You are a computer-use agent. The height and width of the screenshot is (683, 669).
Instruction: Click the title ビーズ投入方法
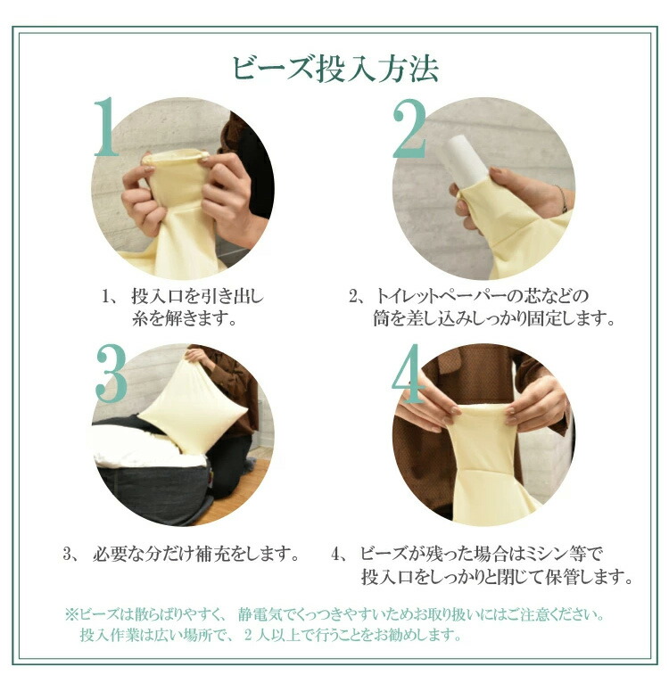coord(335,69)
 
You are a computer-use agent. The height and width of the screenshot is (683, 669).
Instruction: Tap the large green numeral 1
coord(106,128)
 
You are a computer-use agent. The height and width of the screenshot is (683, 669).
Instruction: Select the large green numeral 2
coord(409,128)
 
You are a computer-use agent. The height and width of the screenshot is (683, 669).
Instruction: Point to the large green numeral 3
coord(111,374)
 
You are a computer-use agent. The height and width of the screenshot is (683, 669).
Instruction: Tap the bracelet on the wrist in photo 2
coord(561,199)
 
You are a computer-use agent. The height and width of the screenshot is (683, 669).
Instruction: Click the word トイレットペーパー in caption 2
coord(439,297)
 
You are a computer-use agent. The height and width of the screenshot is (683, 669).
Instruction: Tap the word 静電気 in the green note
coord(262,615)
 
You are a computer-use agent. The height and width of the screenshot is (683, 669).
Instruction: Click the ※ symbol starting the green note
coord(71,615)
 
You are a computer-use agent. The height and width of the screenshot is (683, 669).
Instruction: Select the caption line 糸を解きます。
coord(185,319)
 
